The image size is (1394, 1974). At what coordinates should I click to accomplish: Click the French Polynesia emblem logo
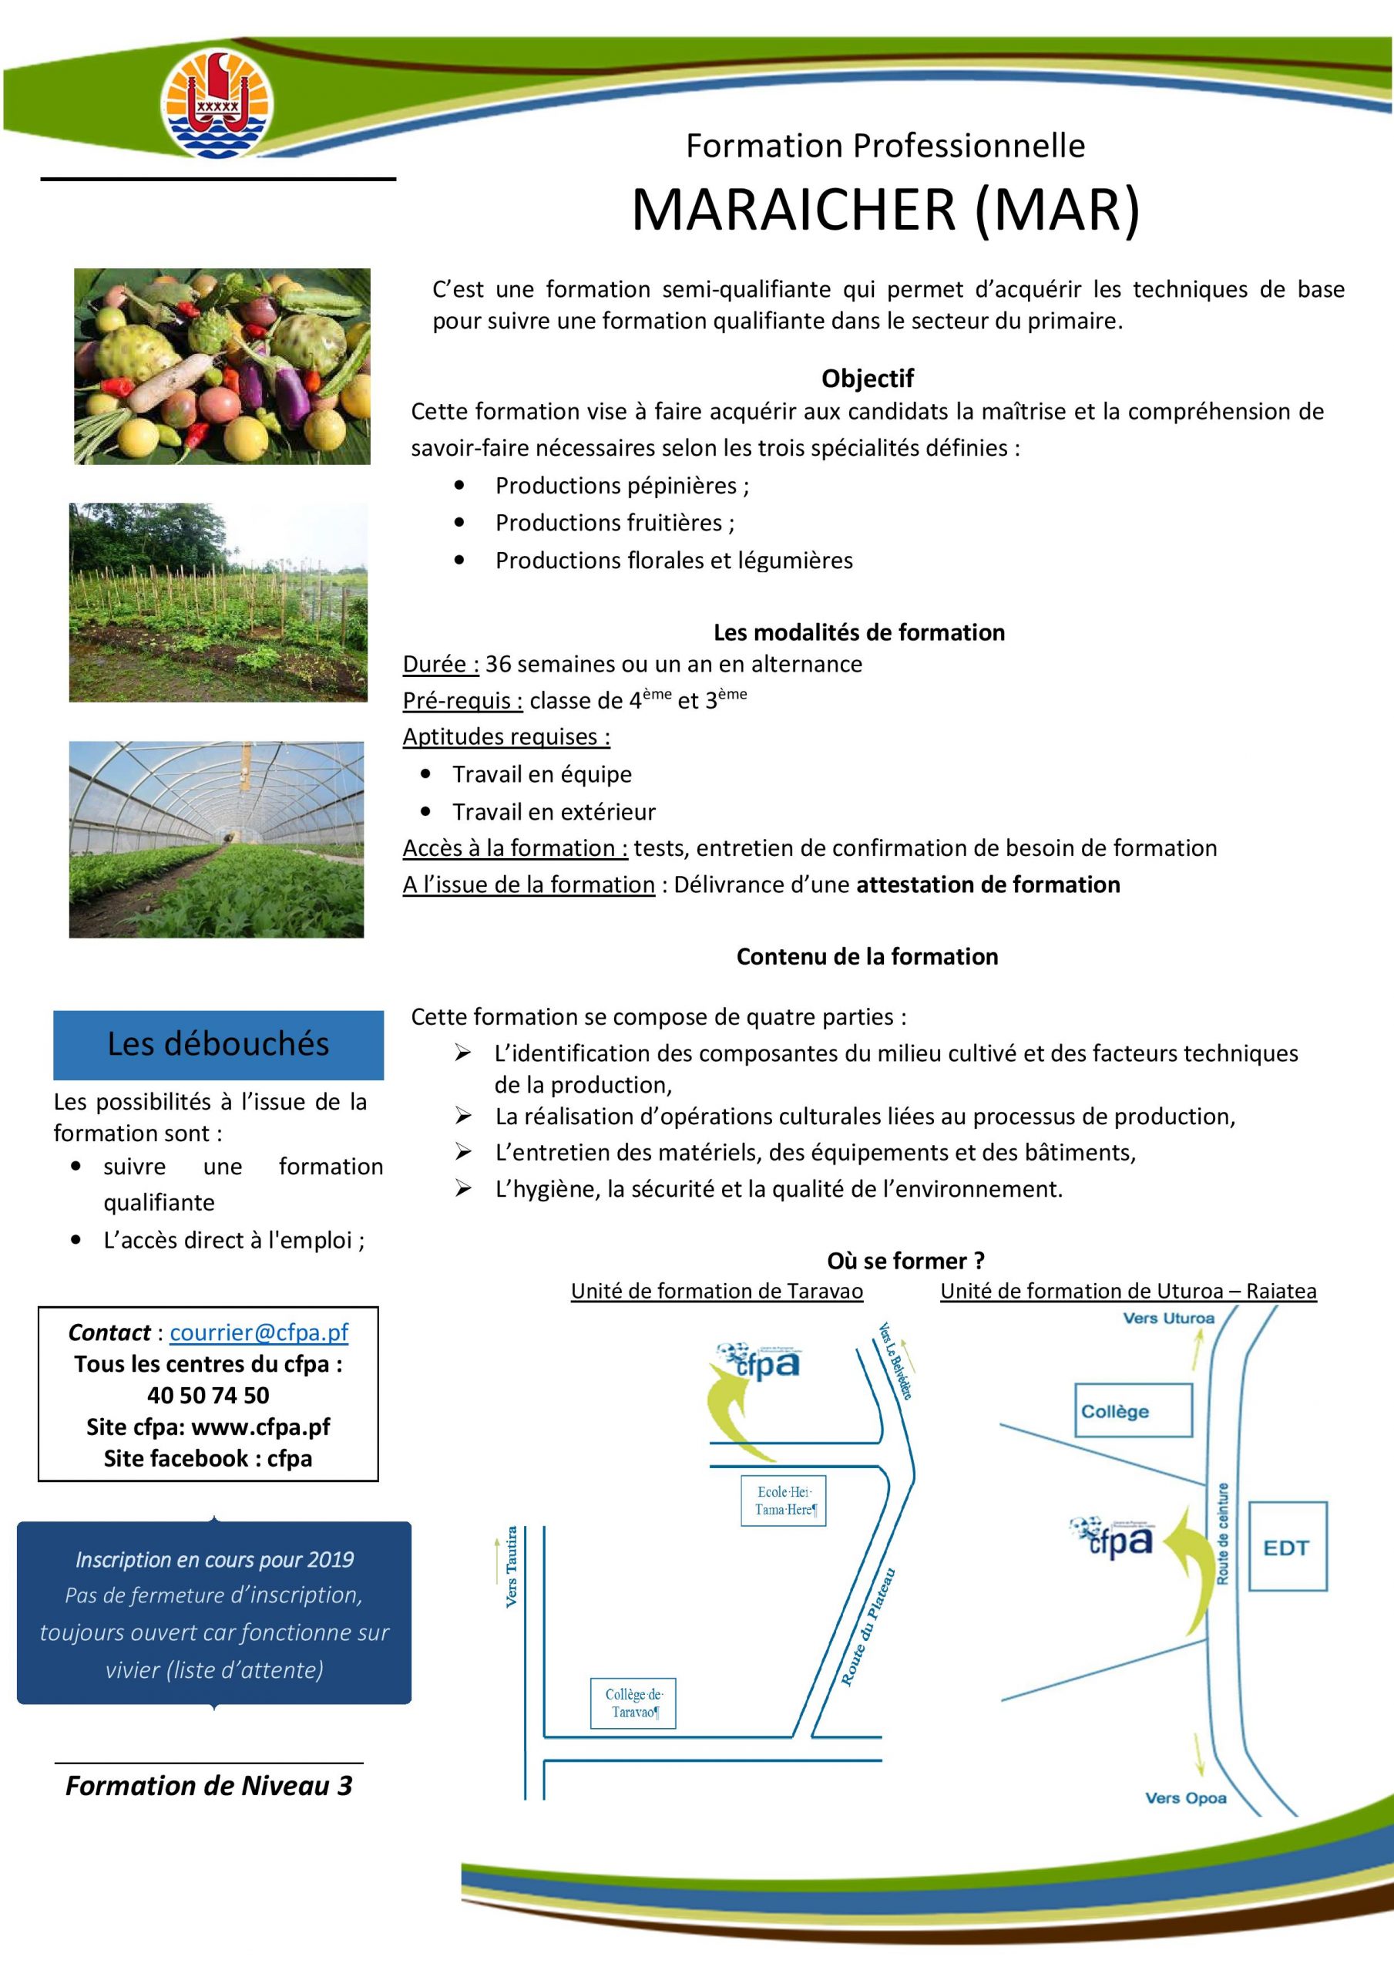[x=217, y=103]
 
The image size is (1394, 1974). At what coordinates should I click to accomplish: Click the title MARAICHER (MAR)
[x=885, y=210]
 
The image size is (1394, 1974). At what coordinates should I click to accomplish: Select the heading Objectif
[x=867, y=379]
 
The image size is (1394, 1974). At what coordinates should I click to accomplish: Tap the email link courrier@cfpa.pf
[x=259, y=1332]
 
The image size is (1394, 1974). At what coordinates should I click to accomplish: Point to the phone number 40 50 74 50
[x=208, y=1395]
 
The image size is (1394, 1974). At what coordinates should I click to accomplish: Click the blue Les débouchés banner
[x=218, y=1044]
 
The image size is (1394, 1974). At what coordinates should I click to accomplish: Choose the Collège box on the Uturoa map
[x=1133, y=1411]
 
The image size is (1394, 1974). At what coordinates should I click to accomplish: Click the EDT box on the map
[x=1287, y=1547]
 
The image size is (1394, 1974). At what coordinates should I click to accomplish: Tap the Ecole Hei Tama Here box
[x=783, y=1501]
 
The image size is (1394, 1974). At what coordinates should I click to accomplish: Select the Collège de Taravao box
[x=633, y=1703]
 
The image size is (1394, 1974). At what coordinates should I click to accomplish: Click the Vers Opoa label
[x=1185, y=1797]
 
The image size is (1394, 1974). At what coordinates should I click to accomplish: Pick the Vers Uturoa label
[x=1168, y=1319]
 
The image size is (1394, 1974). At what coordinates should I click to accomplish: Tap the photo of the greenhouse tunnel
[x=217, y=839]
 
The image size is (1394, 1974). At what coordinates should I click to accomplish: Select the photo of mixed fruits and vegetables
[x=222, y=366]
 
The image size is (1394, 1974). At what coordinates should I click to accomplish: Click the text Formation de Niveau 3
[x=209, y=1786]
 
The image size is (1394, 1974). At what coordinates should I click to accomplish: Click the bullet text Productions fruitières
[x=614, y=523]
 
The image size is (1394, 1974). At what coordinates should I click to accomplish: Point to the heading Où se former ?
[x=906, y=1262]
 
